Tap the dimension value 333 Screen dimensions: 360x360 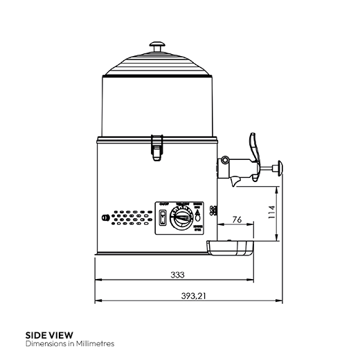[x=177, y=275]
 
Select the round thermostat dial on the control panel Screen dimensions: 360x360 [x=182, y=219]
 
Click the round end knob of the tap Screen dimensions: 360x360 [x=279, y=168]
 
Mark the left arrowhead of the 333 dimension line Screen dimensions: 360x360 [x=97, y=281]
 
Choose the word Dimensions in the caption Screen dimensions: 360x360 [x=44, y=343]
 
